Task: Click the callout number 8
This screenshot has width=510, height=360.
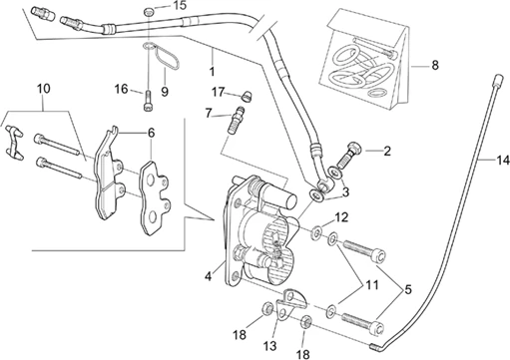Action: click(x=435, y=65)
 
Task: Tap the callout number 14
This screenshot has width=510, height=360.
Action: click(x=503, y=160)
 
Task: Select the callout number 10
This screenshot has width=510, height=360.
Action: click(x=44, y=89)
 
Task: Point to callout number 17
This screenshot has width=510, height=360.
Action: click(x=219, y=92)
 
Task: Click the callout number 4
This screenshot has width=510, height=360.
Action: click(x=209, y=276)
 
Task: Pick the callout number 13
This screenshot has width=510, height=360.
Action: click(x=269, y=346)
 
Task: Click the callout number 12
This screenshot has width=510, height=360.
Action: click(x=341, y=217)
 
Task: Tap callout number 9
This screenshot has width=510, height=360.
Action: click(x=165, y=91)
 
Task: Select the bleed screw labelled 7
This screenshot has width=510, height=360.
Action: click(x=236, y=120)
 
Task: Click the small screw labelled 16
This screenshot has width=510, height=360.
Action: click(x=148, y=101)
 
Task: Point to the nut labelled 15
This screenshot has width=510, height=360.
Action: click(x=149, y=12)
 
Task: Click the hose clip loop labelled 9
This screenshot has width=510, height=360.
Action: click(x=167, y=58)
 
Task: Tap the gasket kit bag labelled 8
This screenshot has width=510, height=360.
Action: click(x=366, y=58)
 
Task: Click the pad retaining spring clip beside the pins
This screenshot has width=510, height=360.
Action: click(x=14, y=143)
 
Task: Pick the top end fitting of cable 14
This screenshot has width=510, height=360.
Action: click(x=498, y=80)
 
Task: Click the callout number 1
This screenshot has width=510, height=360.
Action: click(x=212, y=71)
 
